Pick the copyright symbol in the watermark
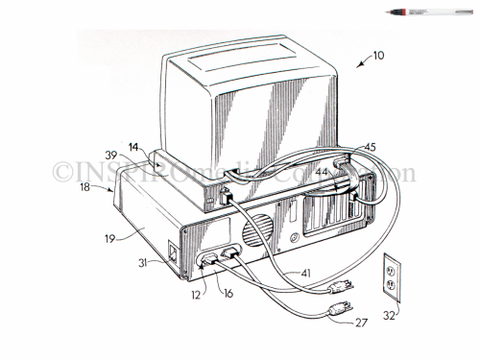(64, 174)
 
